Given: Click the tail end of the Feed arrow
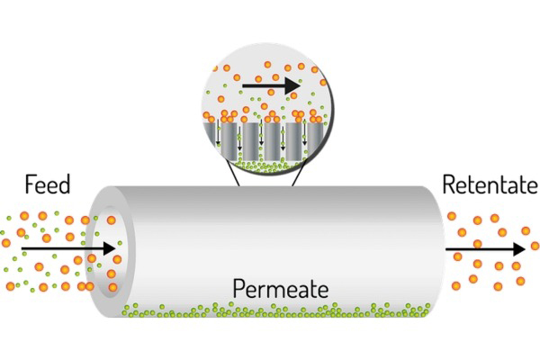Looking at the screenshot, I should pyautogui.click(x=22, y=247).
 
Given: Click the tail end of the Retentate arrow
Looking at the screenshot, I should pyautogui.click(x=447, y=247).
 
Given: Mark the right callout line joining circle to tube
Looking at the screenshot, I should pyautogui.click(x=296, y=179).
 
